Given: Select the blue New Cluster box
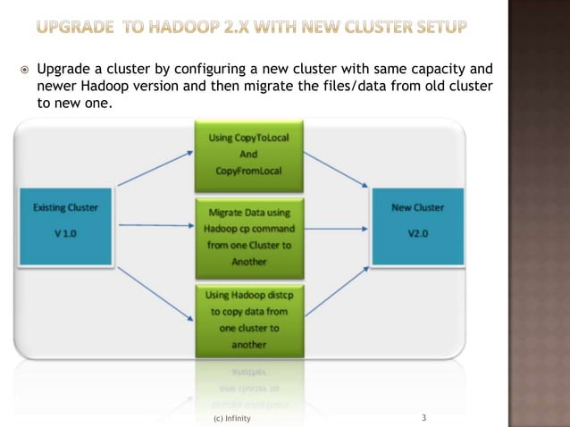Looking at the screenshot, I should coord(417,227).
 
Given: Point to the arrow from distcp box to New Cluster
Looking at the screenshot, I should coord(337,293).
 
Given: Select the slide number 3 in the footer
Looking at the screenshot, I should coord(423,417).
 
